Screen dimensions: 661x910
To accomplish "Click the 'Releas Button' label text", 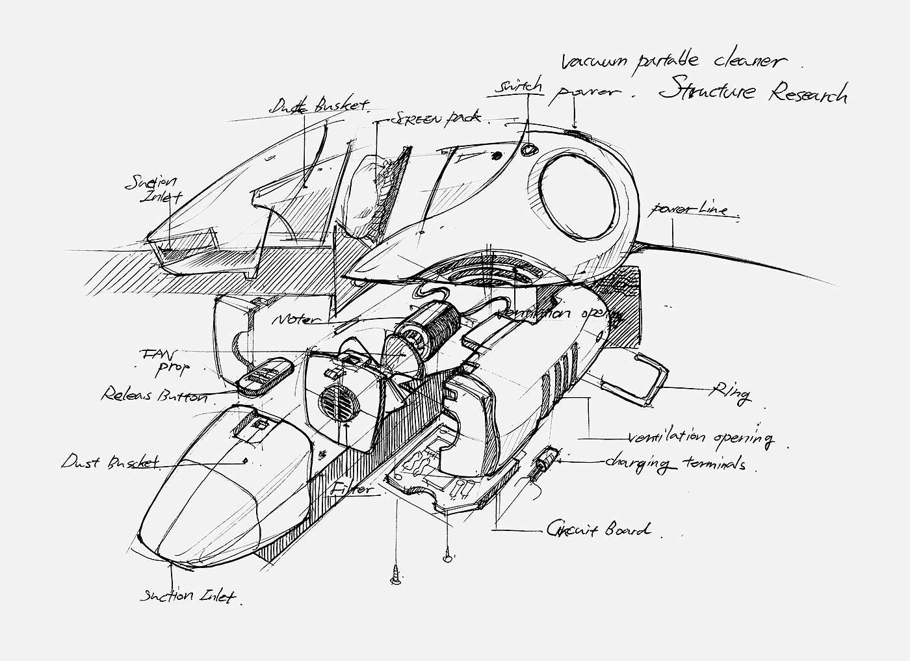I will point(153,395).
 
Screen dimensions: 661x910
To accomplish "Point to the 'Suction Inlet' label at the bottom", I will point(187,595).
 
